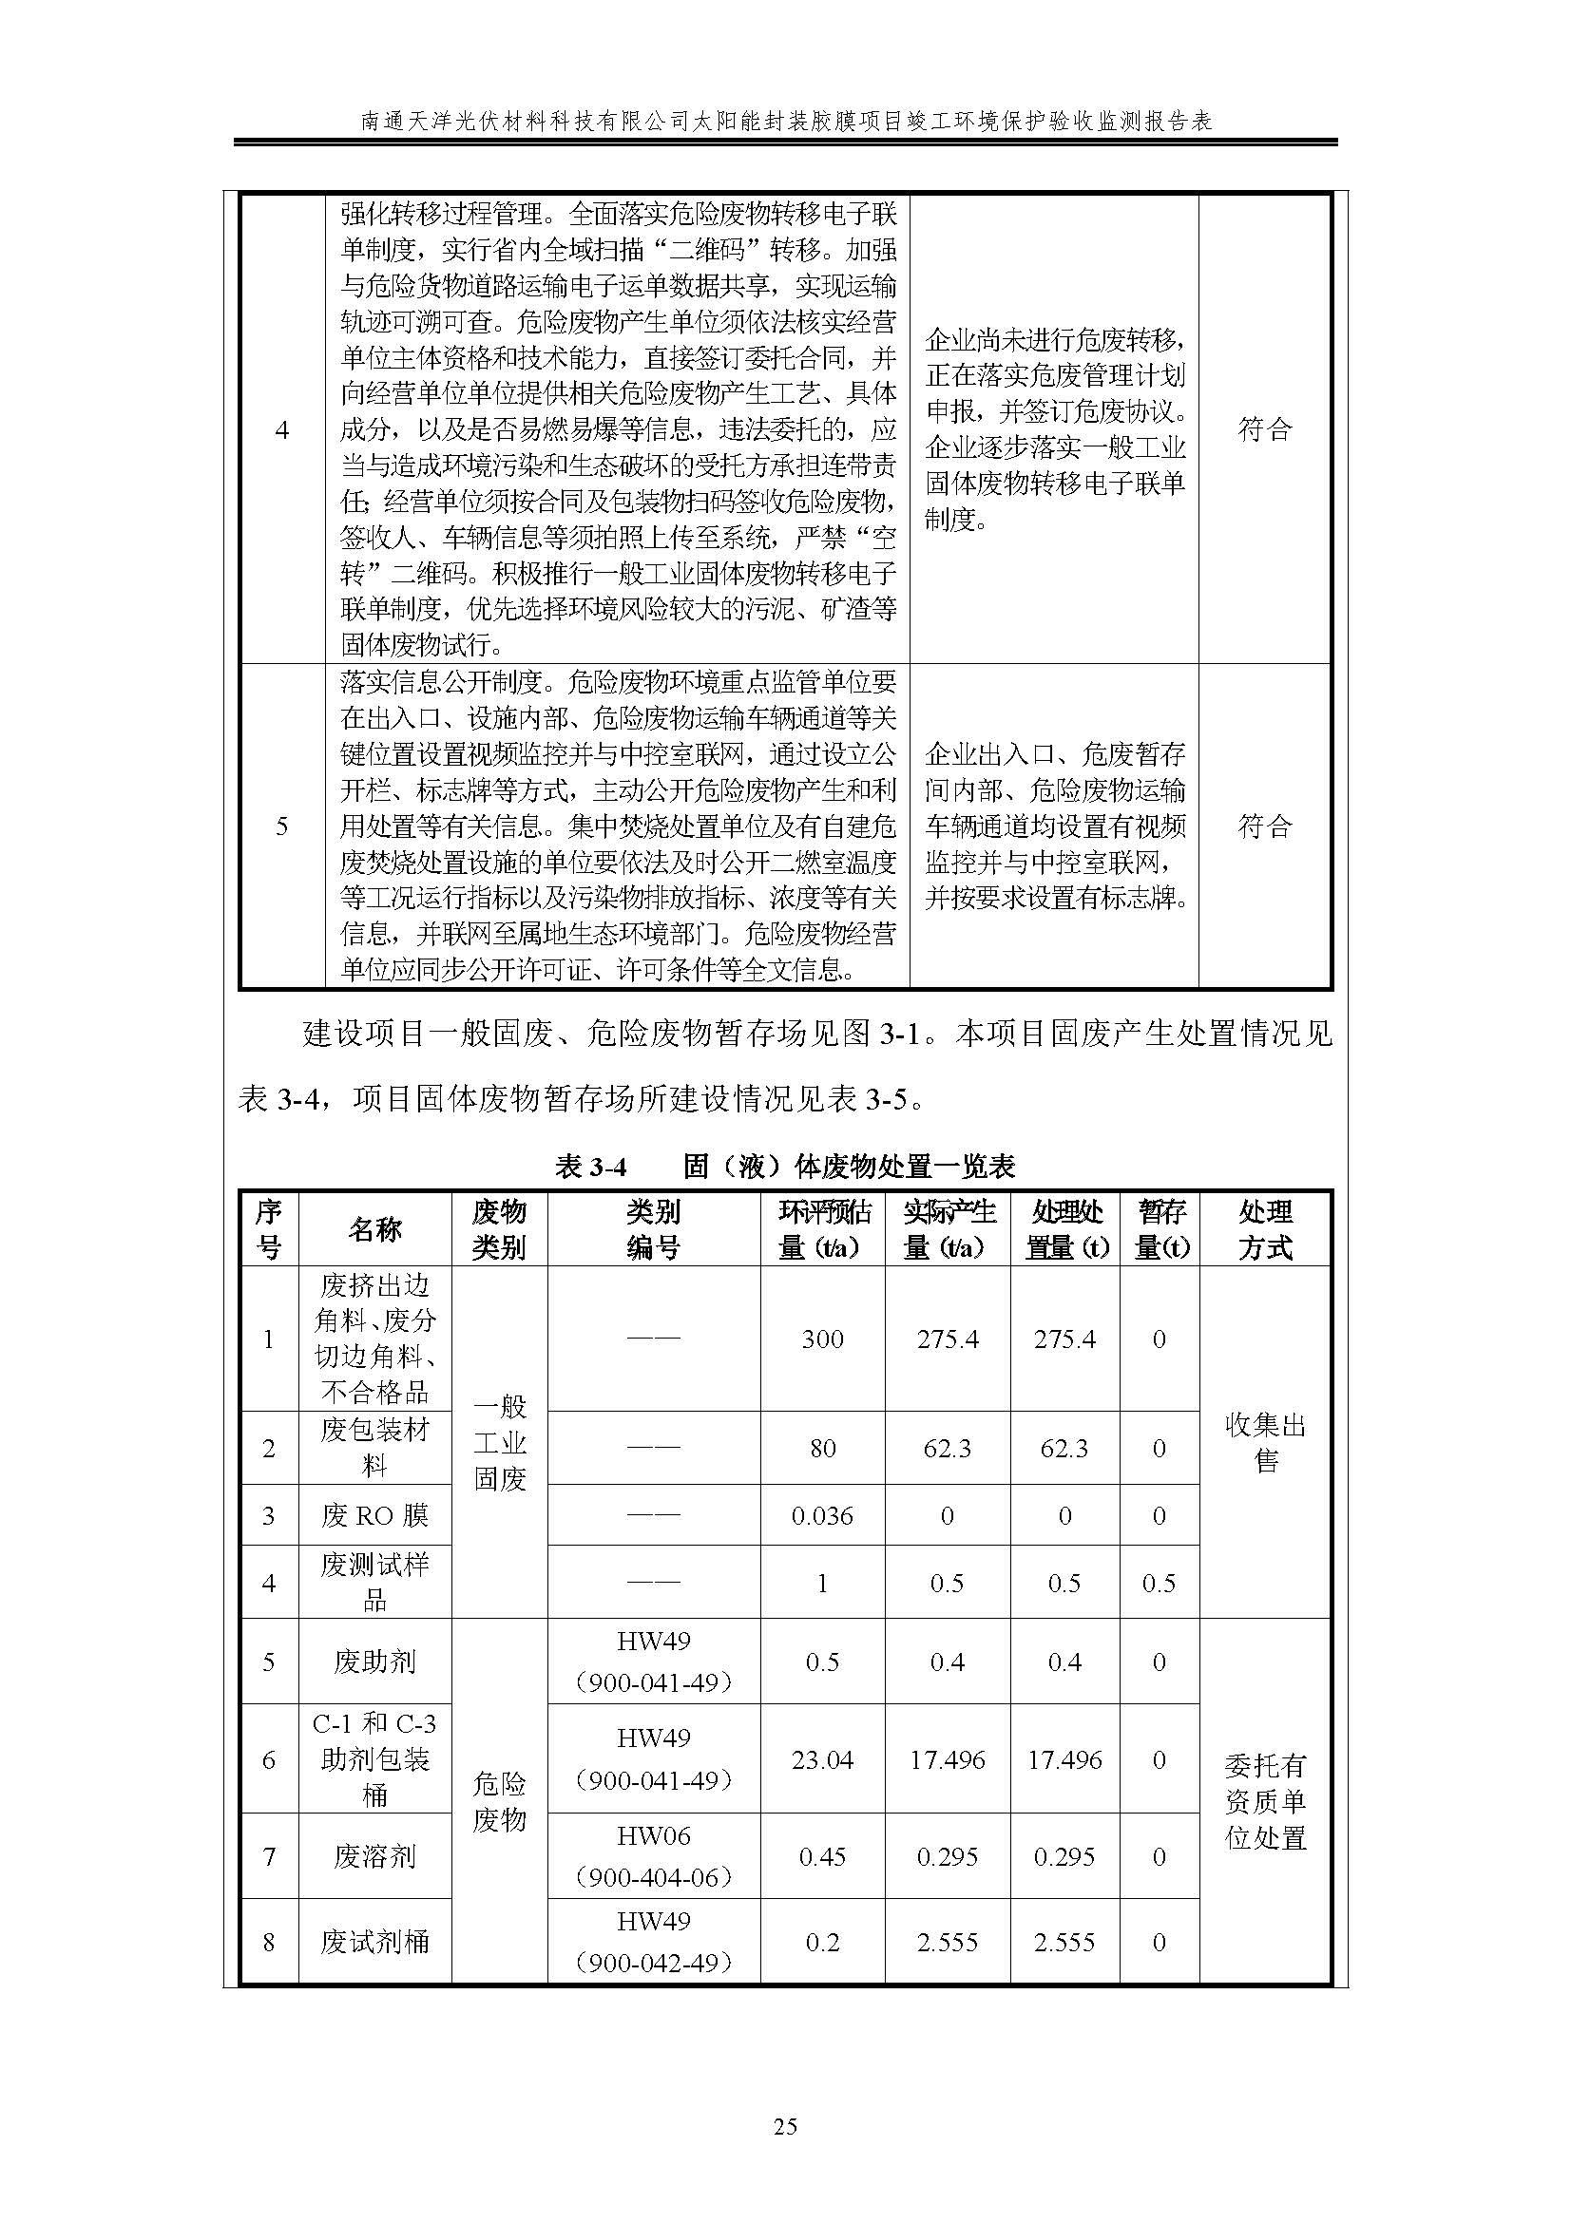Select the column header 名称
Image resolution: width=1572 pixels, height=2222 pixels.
pos(374,1229)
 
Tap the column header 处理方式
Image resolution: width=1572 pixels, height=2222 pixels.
pos(1264,1229)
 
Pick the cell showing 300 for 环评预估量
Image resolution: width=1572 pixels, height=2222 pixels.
pos(822,1339)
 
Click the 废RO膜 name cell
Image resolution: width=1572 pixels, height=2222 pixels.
pos(374,1514)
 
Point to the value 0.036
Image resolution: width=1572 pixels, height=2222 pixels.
pos(822,1514)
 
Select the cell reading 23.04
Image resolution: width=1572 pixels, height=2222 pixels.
pos(822,1758)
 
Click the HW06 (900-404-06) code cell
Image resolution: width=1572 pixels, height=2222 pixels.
pos(653,1856)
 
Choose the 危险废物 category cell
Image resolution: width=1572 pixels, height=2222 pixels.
pos(500,1801)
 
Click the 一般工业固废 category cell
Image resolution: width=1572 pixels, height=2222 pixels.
pos(500,1442)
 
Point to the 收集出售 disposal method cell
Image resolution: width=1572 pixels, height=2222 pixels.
pos(1264,1442)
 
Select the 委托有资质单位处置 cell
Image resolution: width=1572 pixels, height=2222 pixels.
pos(1264,1801)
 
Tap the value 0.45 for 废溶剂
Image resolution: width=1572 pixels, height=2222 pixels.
pos(822,1856)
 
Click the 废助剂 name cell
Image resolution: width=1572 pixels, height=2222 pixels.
pos(374,1662)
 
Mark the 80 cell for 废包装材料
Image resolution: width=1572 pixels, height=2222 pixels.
pos(822,1448)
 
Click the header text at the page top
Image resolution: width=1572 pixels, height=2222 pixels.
pos(785,121)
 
